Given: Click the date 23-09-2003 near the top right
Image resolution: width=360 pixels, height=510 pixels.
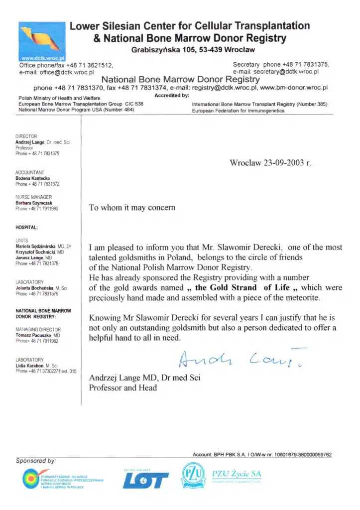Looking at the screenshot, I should [279, 163].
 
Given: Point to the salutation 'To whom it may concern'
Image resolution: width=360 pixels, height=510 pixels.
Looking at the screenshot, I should [132, 208].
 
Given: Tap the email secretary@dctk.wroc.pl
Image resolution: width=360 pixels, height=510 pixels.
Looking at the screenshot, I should [284, 72].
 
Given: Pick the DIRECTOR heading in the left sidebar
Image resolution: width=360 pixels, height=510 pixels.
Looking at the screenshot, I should [27, 136].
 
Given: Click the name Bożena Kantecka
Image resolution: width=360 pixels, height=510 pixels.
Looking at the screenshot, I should [33, 178].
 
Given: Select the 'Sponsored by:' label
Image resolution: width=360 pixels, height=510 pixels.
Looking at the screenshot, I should [35, 461].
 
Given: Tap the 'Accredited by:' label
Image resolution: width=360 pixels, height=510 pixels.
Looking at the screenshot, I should [172, 95].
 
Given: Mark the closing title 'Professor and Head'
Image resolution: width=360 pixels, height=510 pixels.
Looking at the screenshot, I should [123, 387].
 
